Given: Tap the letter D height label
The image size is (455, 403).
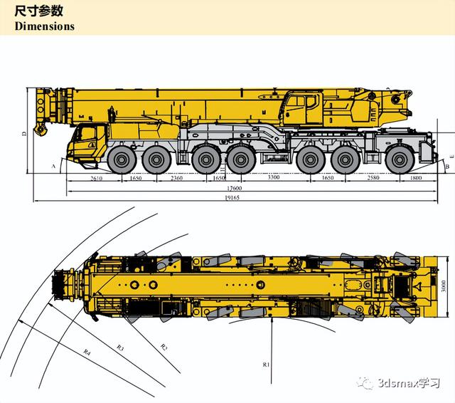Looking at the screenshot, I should point(23,133).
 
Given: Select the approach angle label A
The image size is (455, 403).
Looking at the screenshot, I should point(53,164).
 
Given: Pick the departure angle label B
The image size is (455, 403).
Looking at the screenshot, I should point(447,166).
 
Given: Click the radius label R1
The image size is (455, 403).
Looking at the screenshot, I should point(267,365).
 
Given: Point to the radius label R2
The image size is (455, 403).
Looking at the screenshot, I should point(164,347).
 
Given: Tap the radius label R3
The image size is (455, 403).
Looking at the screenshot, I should point(120,347).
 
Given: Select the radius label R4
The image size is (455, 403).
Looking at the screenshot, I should point(87,351).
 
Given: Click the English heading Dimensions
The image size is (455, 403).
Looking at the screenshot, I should point(44,26).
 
